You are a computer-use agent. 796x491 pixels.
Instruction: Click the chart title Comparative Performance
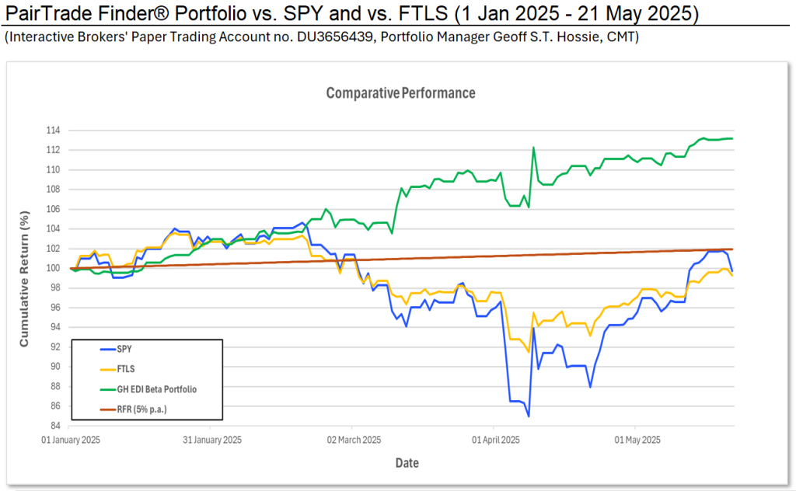pos(400,93)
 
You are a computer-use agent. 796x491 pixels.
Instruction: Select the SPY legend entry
pos(113,349)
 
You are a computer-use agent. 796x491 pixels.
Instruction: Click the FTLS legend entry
pos(114,367)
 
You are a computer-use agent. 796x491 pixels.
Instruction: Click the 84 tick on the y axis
pos(55,426)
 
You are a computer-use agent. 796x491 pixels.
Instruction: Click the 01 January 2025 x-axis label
pos(71,440)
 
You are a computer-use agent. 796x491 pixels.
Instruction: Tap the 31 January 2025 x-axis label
pos(211,440)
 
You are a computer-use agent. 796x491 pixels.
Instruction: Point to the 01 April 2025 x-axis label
pos(495,440)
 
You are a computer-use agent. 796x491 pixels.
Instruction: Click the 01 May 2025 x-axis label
pos(637,440)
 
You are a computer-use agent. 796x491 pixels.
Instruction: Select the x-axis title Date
pos(406,463)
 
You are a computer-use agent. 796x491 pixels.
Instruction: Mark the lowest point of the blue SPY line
pos(529,416)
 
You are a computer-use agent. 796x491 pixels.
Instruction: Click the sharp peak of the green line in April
pos(533,148)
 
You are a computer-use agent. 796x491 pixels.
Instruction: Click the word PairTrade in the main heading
pos(45,13)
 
